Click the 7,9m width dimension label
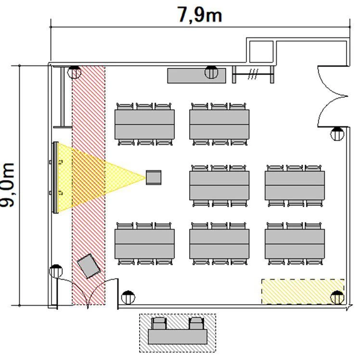coord(200,15)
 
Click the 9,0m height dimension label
coord(7,185)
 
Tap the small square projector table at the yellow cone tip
coord(154,177)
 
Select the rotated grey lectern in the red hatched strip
coord(89,266)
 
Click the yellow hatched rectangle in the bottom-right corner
coord(303,292)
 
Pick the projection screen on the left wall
coord(55,178)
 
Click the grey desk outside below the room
coord(178,337)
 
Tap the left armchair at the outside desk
coord(159,323)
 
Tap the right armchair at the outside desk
coord(196,323)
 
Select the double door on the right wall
coord(333,96)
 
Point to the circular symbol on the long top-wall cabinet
coord(211,72)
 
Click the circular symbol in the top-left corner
coord(74,72)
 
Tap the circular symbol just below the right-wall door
coord(337,134)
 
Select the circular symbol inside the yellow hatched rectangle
coord(337,297)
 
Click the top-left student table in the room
coord(145,125)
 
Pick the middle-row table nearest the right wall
coord(295,185)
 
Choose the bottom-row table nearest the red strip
coord(145,244)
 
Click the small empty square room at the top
coord(261,51)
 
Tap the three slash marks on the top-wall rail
coord(253,74)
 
